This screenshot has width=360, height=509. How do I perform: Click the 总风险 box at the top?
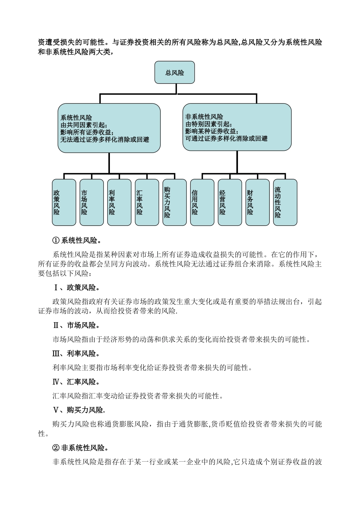(x=174, y=72)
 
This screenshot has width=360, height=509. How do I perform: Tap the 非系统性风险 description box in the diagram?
(x=237, y=127)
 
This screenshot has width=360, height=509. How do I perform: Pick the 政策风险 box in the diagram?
(x=64, y=203)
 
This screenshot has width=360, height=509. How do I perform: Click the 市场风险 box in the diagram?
(x=91, y=203)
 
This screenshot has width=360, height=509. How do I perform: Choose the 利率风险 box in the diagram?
(x=119, y=203)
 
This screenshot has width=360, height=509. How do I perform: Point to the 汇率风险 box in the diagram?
(x=147, y=203)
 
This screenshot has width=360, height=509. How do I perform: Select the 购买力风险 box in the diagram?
(x=174, y=203)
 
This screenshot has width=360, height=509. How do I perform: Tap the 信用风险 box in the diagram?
(x=202, y=203)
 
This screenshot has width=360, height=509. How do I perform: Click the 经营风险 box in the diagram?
(x=230, y=203)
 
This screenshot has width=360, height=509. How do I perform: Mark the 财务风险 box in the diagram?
(x=257, y=203)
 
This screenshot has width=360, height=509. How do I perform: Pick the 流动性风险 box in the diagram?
(x=285, y=203)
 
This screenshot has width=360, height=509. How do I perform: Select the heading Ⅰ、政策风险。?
(x=76, y=287)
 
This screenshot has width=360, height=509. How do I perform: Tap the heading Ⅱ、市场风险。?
(x=76, y=325)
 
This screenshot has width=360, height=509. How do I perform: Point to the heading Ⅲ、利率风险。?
(x=76, y=354)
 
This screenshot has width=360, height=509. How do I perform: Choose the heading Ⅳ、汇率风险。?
(x=76, y=382)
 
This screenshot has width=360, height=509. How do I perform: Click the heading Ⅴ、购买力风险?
(x=79, y=410)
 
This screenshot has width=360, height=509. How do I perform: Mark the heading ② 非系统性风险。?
(x=81, y=448)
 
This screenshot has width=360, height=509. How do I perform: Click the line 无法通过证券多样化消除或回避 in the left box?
(x=105, y=140)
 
